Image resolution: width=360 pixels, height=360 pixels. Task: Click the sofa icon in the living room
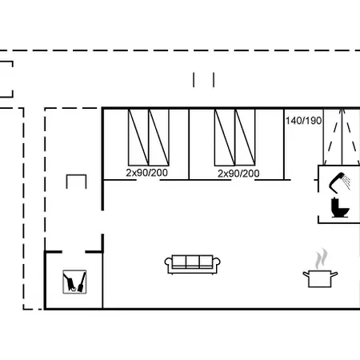point(193,265)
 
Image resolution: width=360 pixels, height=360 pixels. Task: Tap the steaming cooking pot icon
point(320,278)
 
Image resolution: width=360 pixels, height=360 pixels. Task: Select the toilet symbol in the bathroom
point(339,207)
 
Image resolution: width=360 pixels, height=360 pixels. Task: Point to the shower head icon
point(338,182)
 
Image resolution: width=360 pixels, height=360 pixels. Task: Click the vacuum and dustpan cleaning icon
point(74,282)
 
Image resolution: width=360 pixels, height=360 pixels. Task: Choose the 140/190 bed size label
point(303,121)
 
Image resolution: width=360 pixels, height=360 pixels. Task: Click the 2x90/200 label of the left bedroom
point(146,173)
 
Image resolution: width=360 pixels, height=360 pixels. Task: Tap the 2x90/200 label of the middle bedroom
point(238,174)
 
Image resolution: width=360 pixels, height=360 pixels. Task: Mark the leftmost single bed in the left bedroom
point(138,137)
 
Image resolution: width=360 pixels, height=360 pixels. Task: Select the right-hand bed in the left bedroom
point(158,137)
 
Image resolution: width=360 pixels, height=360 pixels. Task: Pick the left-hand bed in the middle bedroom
point(225,137)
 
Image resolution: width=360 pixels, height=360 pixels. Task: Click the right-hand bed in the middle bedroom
point(245,137)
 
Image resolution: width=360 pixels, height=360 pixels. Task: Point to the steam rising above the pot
point(321,258)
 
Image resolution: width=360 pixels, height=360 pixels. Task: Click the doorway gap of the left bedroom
point(148,180)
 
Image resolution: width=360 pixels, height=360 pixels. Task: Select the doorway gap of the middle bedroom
point(242,180)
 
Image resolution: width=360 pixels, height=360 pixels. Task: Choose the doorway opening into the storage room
point(74,252)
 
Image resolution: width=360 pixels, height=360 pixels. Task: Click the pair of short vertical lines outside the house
point(204,80)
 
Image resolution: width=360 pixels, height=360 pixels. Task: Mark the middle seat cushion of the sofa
point(193,261)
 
